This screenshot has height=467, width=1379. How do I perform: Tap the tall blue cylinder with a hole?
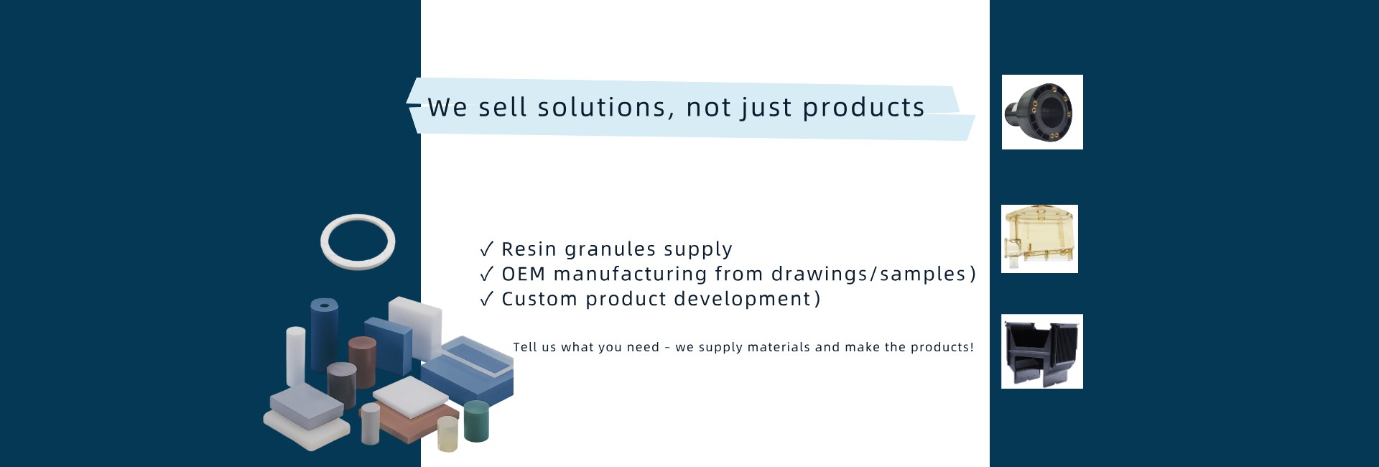(x=325, y=335)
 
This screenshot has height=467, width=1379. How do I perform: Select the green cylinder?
(x=476, y=422)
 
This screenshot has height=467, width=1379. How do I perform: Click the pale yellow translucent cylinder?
(x=447, y=434)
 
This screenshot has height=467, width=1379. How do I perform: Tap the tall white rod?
(x=296, y=356)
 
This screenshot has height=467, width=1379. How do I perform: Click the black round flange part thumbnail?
(x=1042, y=112)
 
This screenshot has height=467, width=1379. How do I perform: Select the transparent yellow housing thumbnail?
(x=1039, y=239)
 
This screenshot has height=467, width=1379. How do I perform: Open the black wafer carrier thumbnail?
(x=1042, y=351)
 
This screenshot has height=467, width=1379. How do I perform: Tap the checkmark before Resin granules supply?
(x=486, y=249)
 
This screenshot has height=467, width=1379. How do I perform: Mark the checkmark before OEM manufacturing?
(x=486, y=274)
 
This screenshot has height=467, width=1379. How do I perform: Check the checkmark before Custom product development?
(x=486, y=299)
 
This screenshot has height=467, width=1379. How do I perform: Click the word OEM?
(x=524, y=274)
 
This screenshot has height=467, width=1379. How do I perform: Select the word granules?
(x=610, y=250)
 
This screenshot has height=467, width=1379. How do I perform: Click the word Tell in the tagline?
(x=524, y=347)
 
